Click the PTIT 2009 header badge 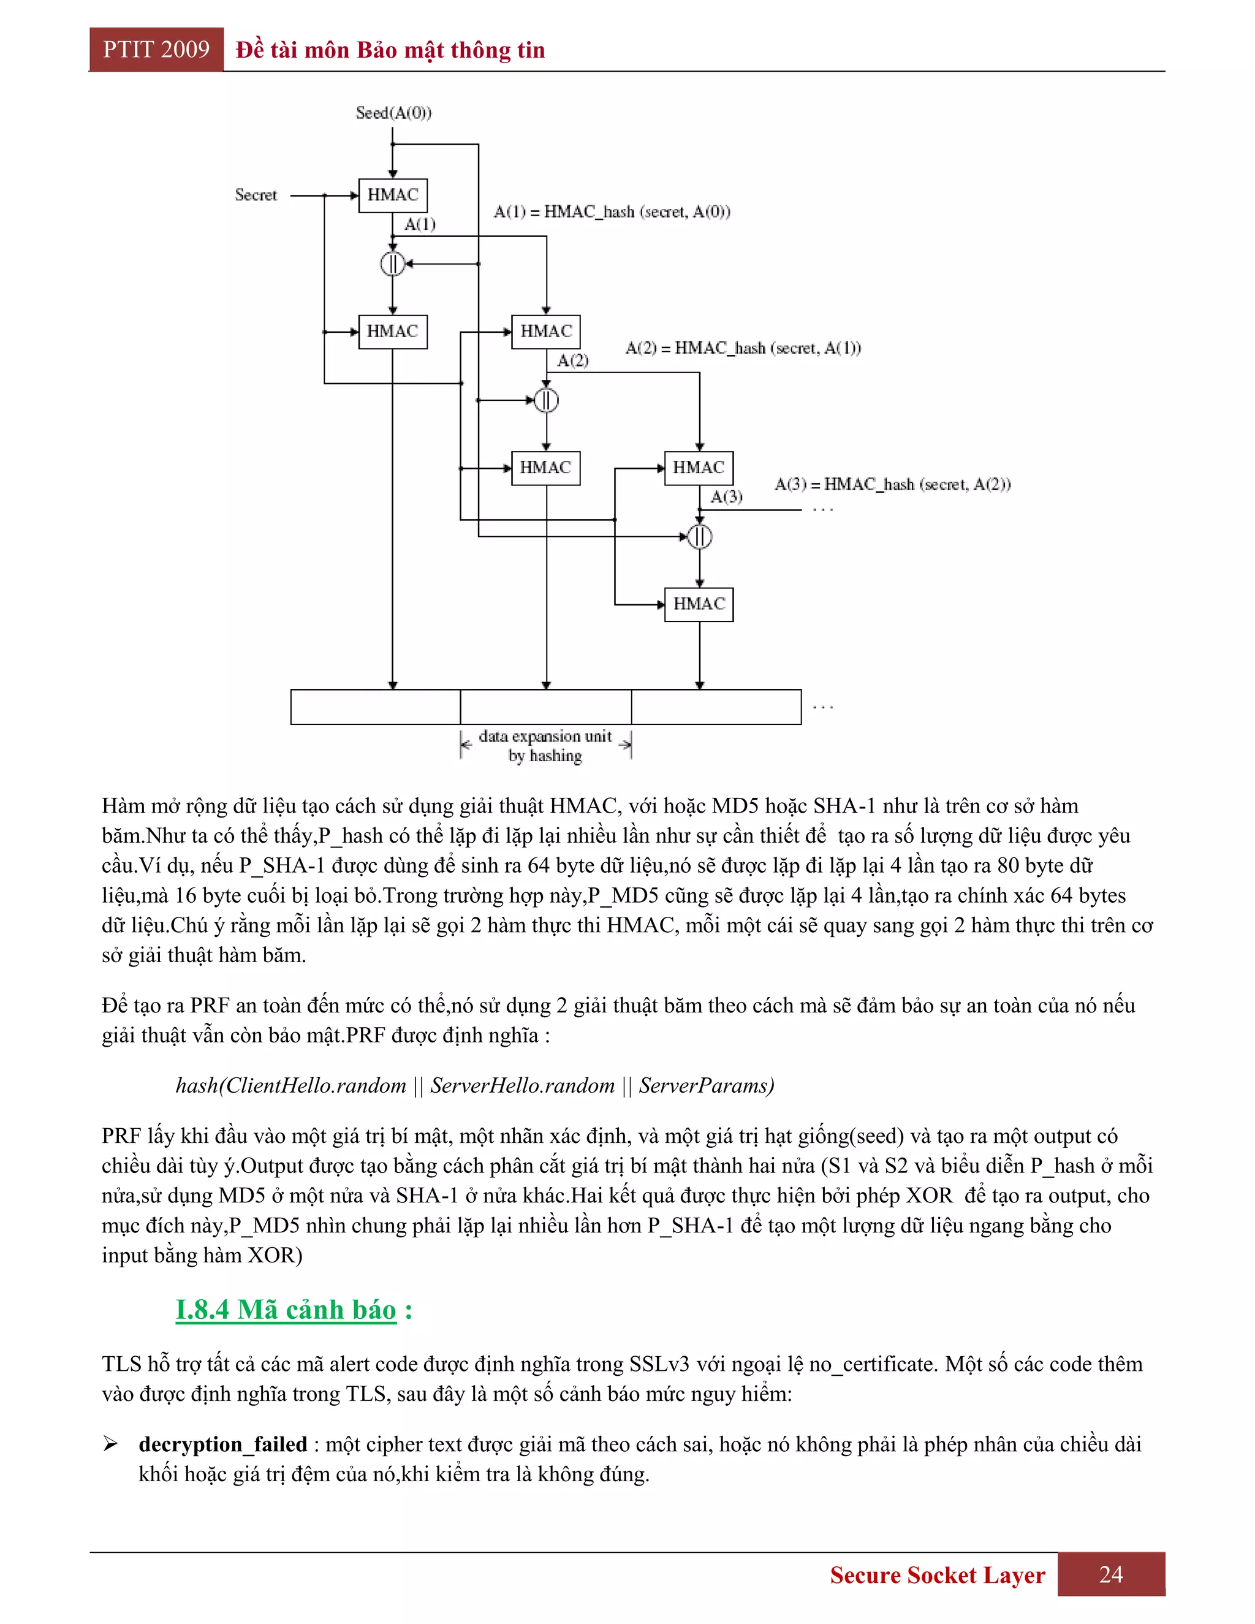[x=156, y=50]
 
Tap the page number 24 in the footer [x=1111, y=1574]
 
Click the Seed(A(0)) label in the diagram [x=393, y=113]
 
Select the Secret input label [x=256, y=195]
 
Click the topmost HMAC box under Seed [x=393, y=195]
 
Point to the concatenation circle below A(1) [x=393, y=264]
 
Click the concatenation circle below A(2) [x=547, y=400]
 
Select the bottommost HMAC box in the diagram [x=699, y=604]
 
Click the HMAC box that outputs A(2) [x=546, y=332]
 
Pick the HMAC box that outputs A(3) [x=699, y=468]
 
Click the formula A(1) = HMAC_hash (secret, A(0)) [x=612, y=212]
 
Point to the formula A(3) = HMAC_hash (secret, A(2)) [x=892, y=485]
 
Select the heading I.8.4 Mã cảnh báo [x=286, y=1310]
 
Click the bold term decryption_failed [x=222, y=1444]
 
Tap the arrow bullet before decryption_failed [x=111, y=1444]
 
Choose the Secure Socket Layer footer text [x=937, y=1575]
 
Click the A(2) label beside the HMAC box [x=572, y=360]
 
